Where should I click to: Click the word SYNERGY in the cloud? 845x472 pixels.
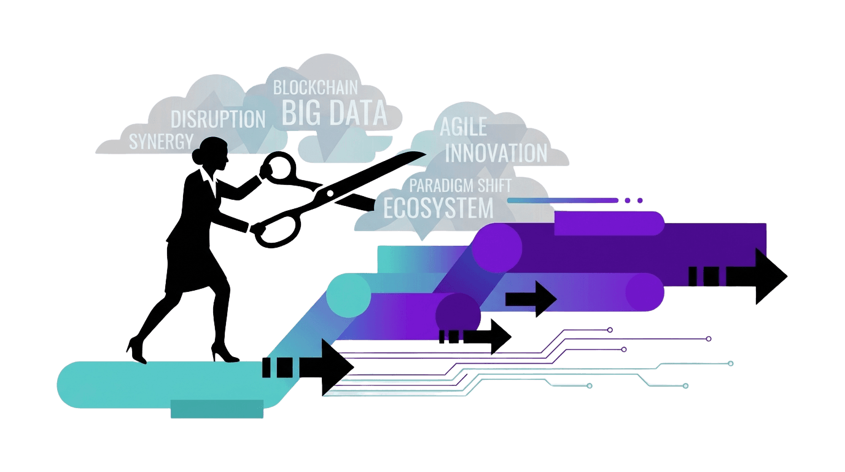pos(161,141)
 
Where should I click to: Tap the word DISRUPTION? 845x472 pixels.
pos(218,119)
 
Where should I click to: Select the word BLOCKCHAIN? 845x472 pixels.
pos(315,87)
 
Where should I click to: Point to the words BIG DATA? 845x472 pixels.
pos(334,112)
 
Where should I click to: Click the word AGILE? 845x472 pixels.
pos(464,127)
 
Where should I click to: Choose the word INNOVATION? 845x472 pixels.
pos(496,153)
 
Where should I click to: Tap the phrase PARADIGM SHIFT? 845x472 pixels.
pos(460,185)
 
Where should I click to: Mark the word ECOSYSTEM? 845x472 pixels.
pos(438,208)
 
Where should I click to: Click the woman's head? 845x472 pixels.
pos(212,153)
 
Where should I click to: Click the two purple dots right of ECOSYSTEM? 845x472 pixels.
pos(633,200)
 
